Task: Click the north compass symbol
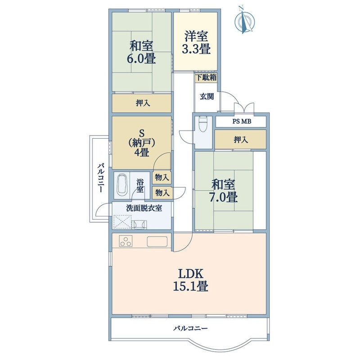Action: coord(244,21)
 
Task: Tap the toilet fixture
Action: coord(202,124)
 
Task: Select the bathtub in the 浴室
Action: coord(122,185)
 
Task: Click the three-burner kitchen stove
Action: coord(126,241)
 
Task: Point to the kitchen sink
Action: coord(157,241)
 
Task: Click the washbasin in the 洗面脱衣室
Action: coord(139,224)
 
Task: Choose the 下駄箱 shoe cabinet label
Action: coord(207,77)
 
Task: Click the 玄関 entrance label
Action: coord(207,96)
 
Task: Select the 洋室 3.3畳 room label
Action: coord(196,43)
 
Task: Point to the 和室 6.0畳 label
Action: coord(141,52)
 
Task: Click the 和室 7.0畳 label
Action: coord(223,191)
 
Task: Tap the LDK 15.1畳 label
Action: coord(191,279)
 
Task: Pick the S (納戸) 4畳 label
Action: coord(142,143)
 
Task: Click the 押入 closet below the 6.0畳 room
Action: coord(142,103)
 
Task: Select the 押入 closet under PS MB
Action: coord(241,139)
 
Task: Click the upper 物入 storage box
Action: coord(162,177)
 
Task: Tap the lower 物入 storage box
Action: coord(162,193)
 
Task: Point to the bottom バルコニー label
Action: coord(190,328)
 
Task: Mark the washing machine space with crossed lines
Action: coord(122,222)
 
